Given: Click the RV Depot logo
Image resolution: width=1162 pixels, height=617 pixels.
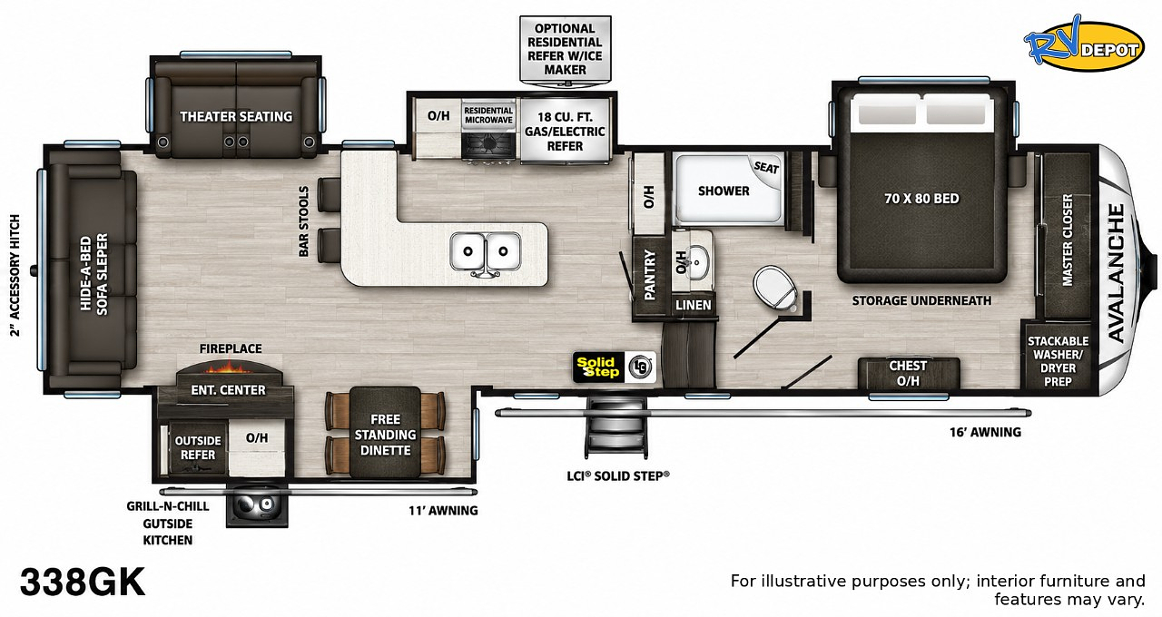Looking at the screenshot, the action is (x=1083, y=45).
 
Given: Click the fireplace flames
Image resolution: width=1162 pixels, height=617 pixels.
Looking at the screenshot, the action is (x=229, y=368).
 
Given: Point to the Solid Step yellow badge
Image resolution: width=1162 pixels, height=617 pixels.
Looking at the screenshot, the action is (x=598, y=367).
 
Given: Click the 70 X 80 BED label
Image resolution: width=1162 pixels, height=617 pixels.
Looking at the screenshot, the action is (x=921, y=199).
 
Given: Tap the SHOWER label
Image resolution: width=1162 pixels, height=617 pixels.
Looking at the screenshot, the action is (x=724, y=191).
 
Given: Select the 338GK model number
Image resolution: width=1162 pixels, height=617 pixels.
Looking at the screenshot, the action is (x=82, y=582).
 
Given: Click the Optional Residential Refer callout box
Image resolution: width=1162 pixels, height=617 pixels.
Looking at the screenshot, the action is (x=565, y=49).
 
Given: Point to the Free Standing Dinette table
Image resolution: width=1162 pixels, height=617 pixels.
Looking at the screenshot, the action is (x=385, y=432).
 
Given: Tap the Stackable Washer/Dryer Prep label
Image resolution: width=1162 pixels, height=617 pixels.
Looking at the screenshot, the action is (x=1058, y=361).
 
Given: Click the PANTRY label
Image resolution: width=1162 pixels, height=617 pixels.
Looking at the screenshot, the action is (x=649, y=275).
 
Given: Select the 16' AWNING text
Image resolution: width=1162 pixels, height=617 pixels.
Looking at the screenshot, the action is (x=985, y=432).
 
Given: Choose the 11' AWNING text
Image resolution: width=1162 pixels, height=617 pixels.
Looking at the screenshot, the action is (x=443, y=511).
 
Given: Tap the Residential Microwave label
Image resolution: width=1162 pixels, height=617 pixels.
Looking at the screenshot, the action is (x=488, y=115).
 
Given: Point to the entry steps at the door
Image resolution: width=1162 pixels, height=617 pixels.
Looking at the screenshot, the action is (x=617, y=427).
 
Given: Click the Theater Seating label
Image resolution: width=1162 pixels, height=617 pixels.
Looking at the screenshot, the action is (x=236, y=117).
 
